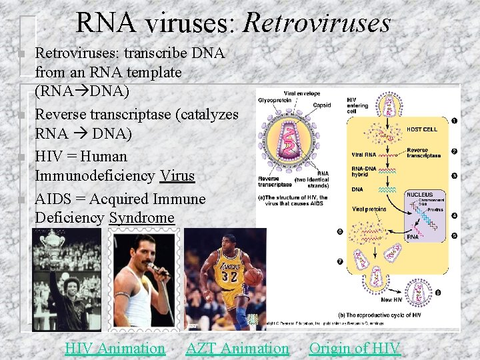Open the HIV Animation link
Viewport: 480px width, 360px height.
click(115, 348)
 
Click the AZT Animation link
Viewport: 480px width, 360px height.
click(237, 348)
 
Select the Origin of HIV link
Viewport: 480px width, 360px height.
click(355, 348)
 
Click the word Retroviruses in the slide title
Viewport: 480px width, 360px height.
click(317, 24)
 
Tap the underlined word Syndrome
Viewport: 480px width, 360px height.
click(141, 218)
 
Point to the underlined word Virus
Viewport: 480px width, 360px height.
click(177, 176)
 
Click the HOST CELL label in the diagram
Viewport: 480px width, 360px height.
click(421, 129)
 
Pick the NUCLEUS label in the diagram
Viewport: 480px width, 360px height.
click(419, 195)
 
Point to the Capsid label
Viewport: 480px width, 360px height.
click(322, 105)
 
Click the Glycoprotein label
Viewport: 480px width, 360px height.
click(273, 101)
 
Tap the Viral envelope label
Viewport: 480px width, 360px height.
click(302, 93)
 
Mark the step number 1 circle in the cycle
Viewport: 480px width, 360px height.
click(454, 121)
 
